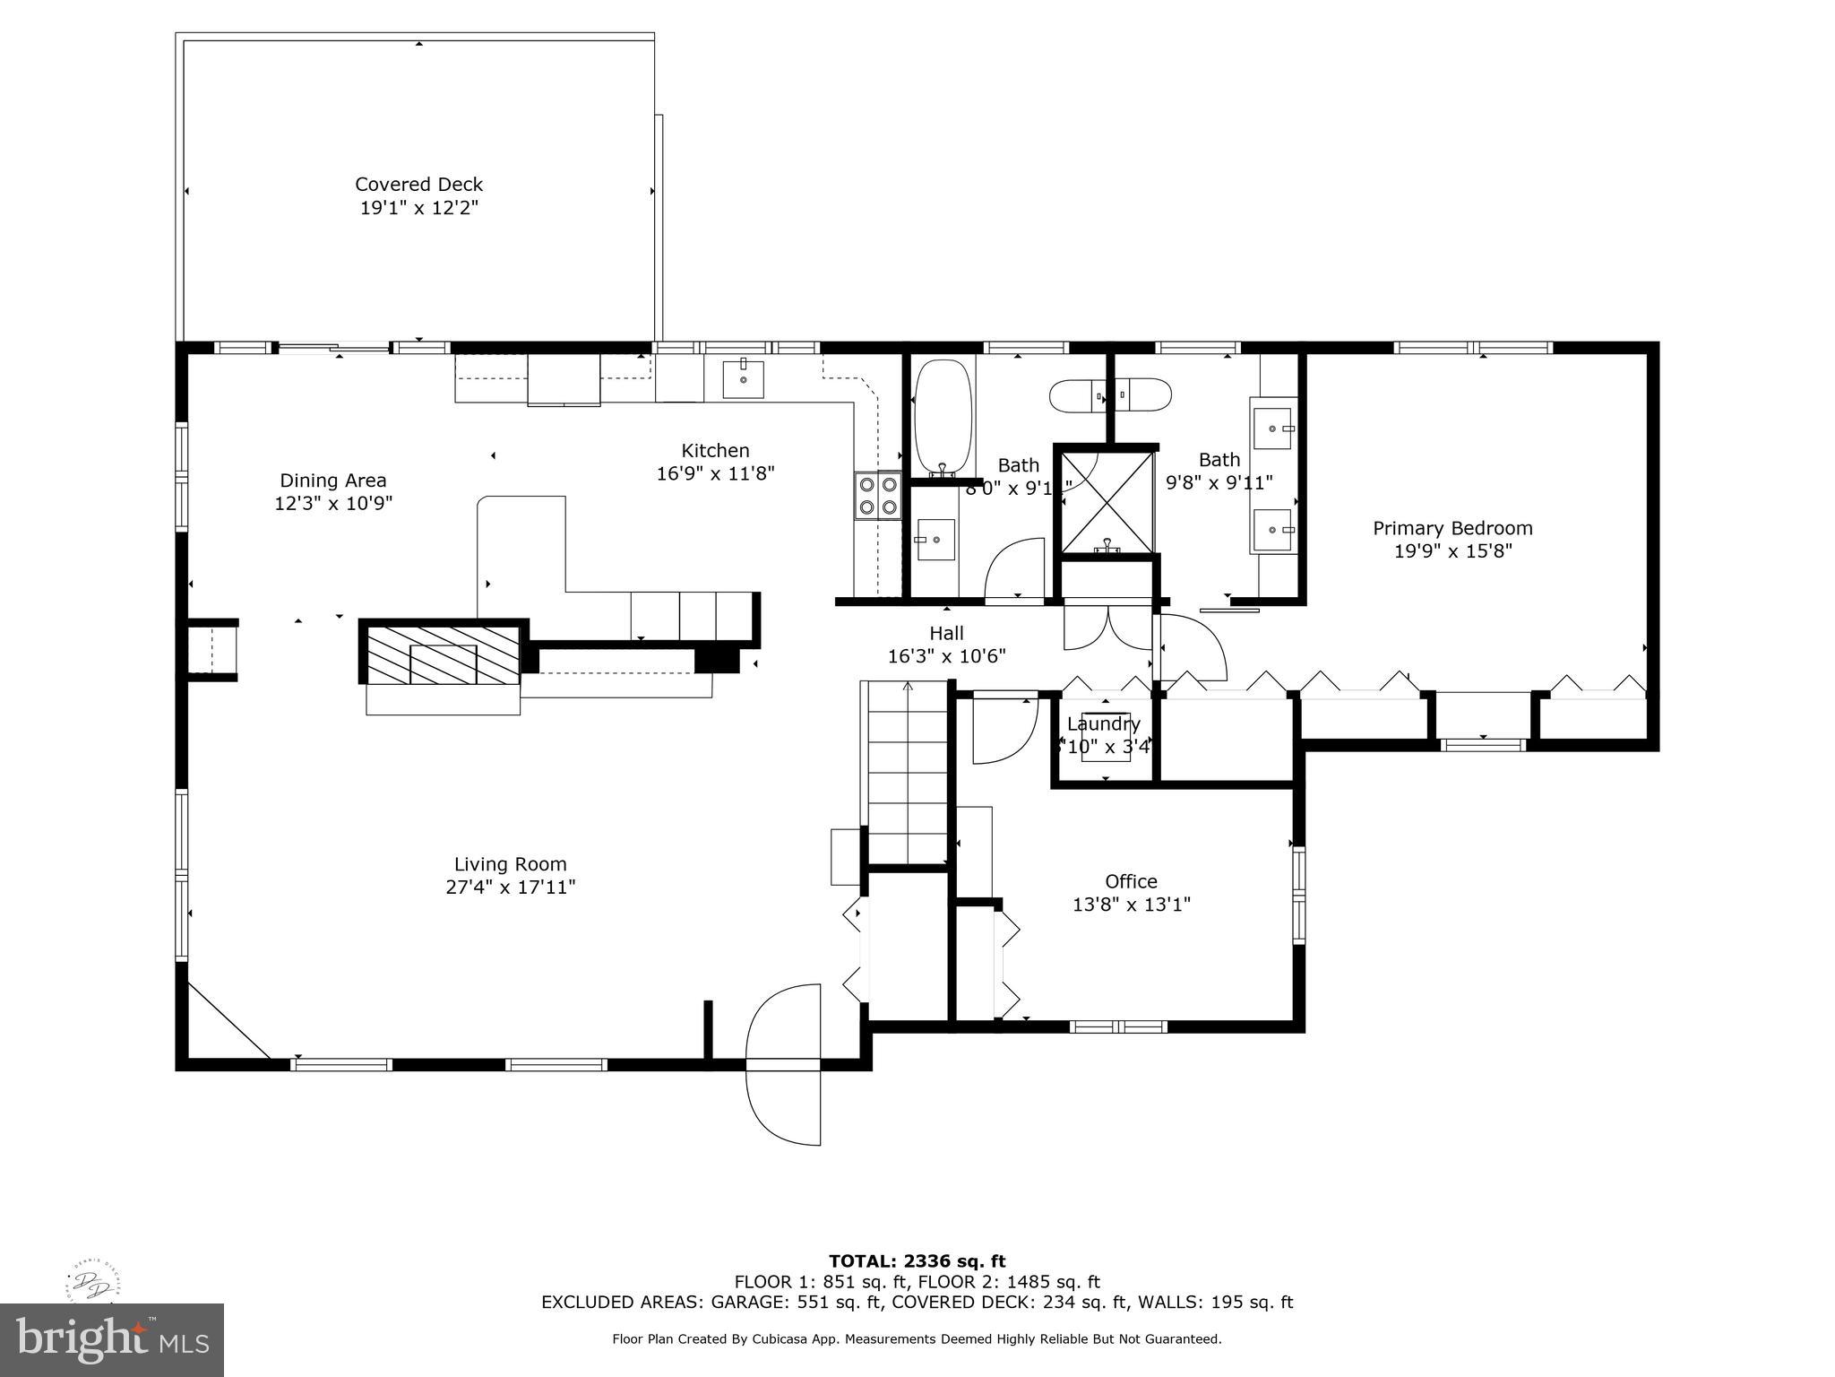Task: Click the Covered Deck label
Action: [418, 184]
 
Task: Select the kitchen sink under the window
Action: [744, 379]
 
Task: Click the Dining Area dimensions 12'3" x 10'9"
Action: [333, 504]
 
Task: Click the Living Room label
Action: [510, 864]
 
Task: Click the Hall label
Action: [946, 634]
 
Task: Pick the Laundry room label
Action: [1104, 723]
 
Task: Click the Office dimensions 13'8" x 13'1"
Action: [1131, 905]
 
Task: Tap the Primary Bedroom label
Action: [1452, 528]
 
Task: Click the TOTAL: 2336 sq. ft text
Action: [917, 1262]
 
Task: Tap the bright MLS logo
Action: [112, 1340]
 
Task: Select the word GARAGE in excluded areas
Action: [751, 1303]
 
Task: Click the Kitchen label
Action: [715, 451]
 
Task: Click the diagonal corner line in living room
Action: [228, 1020]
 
